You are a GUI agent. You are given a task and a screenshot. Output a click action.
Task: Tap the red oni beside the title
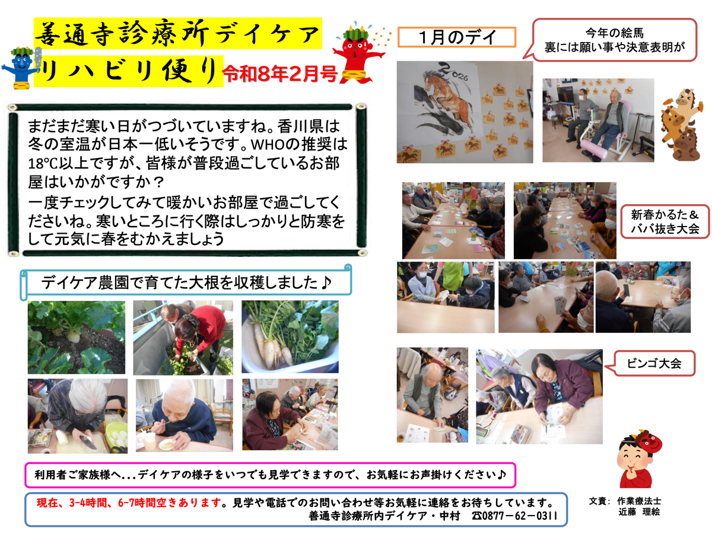358,53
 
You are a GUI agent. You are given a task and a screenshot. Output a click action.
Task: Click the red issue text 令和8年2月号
280,74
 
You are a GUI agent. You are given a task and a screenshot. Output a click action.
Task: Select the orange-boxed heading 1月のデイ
457,37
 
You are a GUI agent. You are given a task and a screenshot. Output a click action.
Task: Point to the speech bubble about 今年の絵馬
613,40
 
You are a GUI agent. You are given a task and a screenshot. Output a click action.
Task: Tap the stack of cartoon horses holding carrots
681,125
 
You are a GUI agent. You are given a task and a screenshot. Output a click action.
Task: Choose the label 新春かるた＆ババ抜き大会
665,222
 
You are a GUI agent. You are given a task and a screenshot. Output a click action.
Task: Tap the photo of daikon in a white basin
290,336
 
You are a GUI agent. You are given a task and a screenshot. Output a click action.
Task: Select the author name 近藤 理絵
639,512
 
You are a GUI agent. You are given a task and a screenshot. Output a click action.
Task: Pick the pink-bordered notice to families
270,475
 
